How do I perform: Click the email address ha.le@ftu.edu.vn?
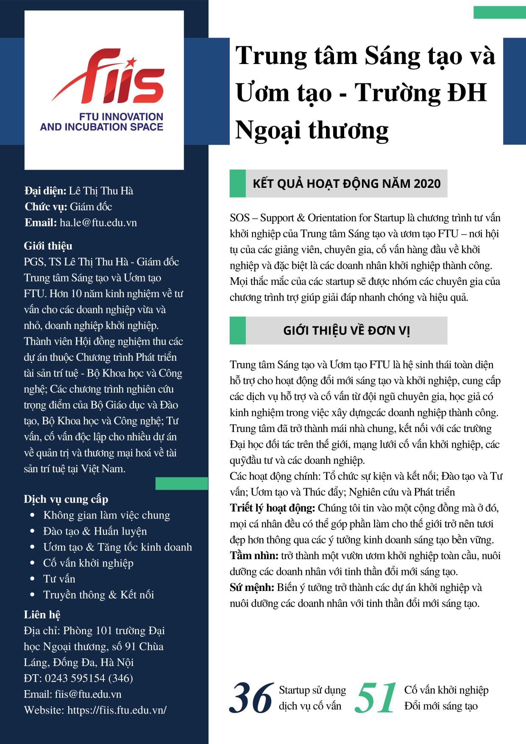coord(98,223)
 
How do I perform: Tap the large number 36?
coord(251,698)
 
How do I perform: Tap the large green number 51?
coord(376,698)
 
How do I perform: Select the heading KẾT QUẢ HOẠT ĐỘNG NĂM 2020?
coord(346,184)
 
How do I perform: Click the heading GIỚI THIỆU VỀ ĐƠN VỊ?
coord(346,331)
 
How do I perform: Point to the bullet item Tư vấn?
coord(59,579)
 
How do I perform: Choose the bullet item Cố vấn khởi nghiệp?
coord(88,563)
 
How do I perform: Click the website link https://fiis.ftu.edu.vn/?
coord(117,710)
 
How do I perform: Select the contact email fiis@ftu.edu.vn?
coord(88,694)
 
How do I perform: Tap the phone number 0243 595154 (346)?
coord(89,678)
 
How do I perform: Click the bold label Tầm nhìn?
coord(254,556)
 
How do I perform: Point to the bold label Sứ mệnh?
coord(252,588)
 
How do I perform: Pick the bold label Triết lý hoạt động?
coord(273,508)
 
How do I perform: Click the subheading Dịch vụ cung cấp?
coord(66,499)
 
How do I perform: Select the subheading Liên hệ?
coord(42,615)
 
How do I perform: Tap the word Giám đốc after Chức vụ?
coord(91,207)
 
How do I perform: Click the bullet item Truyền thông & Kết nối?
coord(98,595)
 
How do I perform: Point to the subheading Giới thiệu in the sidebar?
coord(48,246)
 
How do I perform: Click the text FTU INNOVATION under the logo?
coord(121,117)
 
